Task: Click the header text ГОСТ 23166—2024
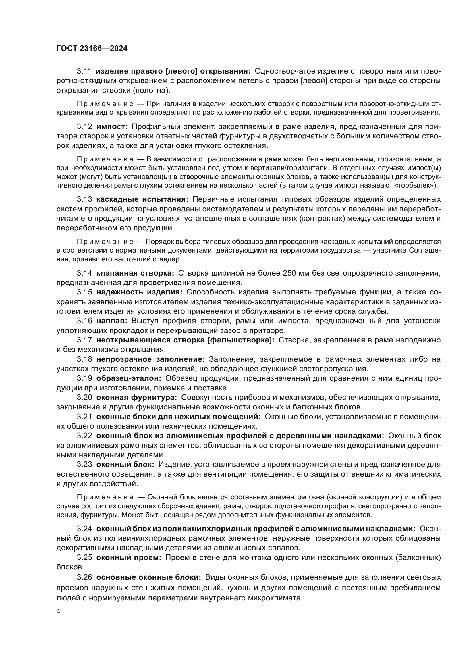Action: tap(92, 49)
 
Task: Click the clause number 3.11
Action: tap(84, 71)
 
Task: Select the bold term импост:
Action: tap(112, 127)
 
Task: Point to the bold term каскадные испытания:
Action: tap(142, 199)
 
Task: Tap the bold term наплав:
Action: tap(112, 321)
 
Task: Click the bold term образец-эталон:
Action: tap(129, 378)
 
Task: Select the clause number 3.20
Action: tap(84, 397)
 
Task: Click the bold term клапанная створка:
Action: tap(135, 273)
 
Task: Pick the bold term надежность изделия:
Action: tap(139, 292)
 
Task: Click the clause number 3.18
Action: tap(84, 359)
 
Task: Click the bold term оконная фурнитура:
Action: tap(137, 397)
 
